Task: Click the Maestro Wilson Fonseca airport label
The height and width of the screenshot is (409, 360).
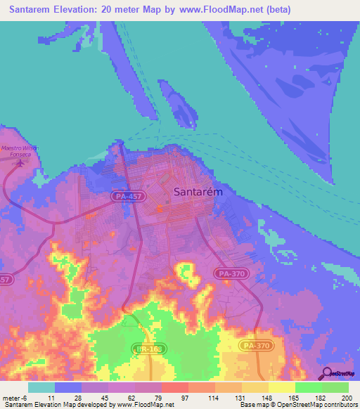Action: pyautogui.click(x=19, y=151)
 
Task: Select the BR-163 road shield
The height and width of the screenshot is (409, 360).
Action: pyautogui.click(x=143, y=348)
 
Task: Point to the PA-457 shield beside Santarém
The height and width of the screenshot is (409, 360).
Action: pyautogui.click(x=128, y=198)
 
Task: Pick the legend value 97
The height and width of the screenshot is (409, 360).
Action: pyautogui.click(x=184, y=398)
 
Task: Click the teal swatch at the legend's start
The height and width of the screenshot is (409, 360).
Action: pyautogui.click(x=41, y=387)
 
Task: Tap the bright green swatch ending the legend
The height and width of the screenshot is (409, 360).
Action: pyautogui.click(x=335, y=387)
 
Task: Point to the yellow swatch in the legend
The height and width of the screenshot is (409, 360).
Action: pyautogui.click(x=282, y=387)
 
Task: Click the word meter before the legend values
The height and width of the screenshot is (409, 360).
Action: pyautogui.click(x=12, y=398)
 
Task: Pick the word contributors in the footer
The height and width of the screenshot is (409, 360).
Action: pyautogui.click(x=340, y=405)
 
